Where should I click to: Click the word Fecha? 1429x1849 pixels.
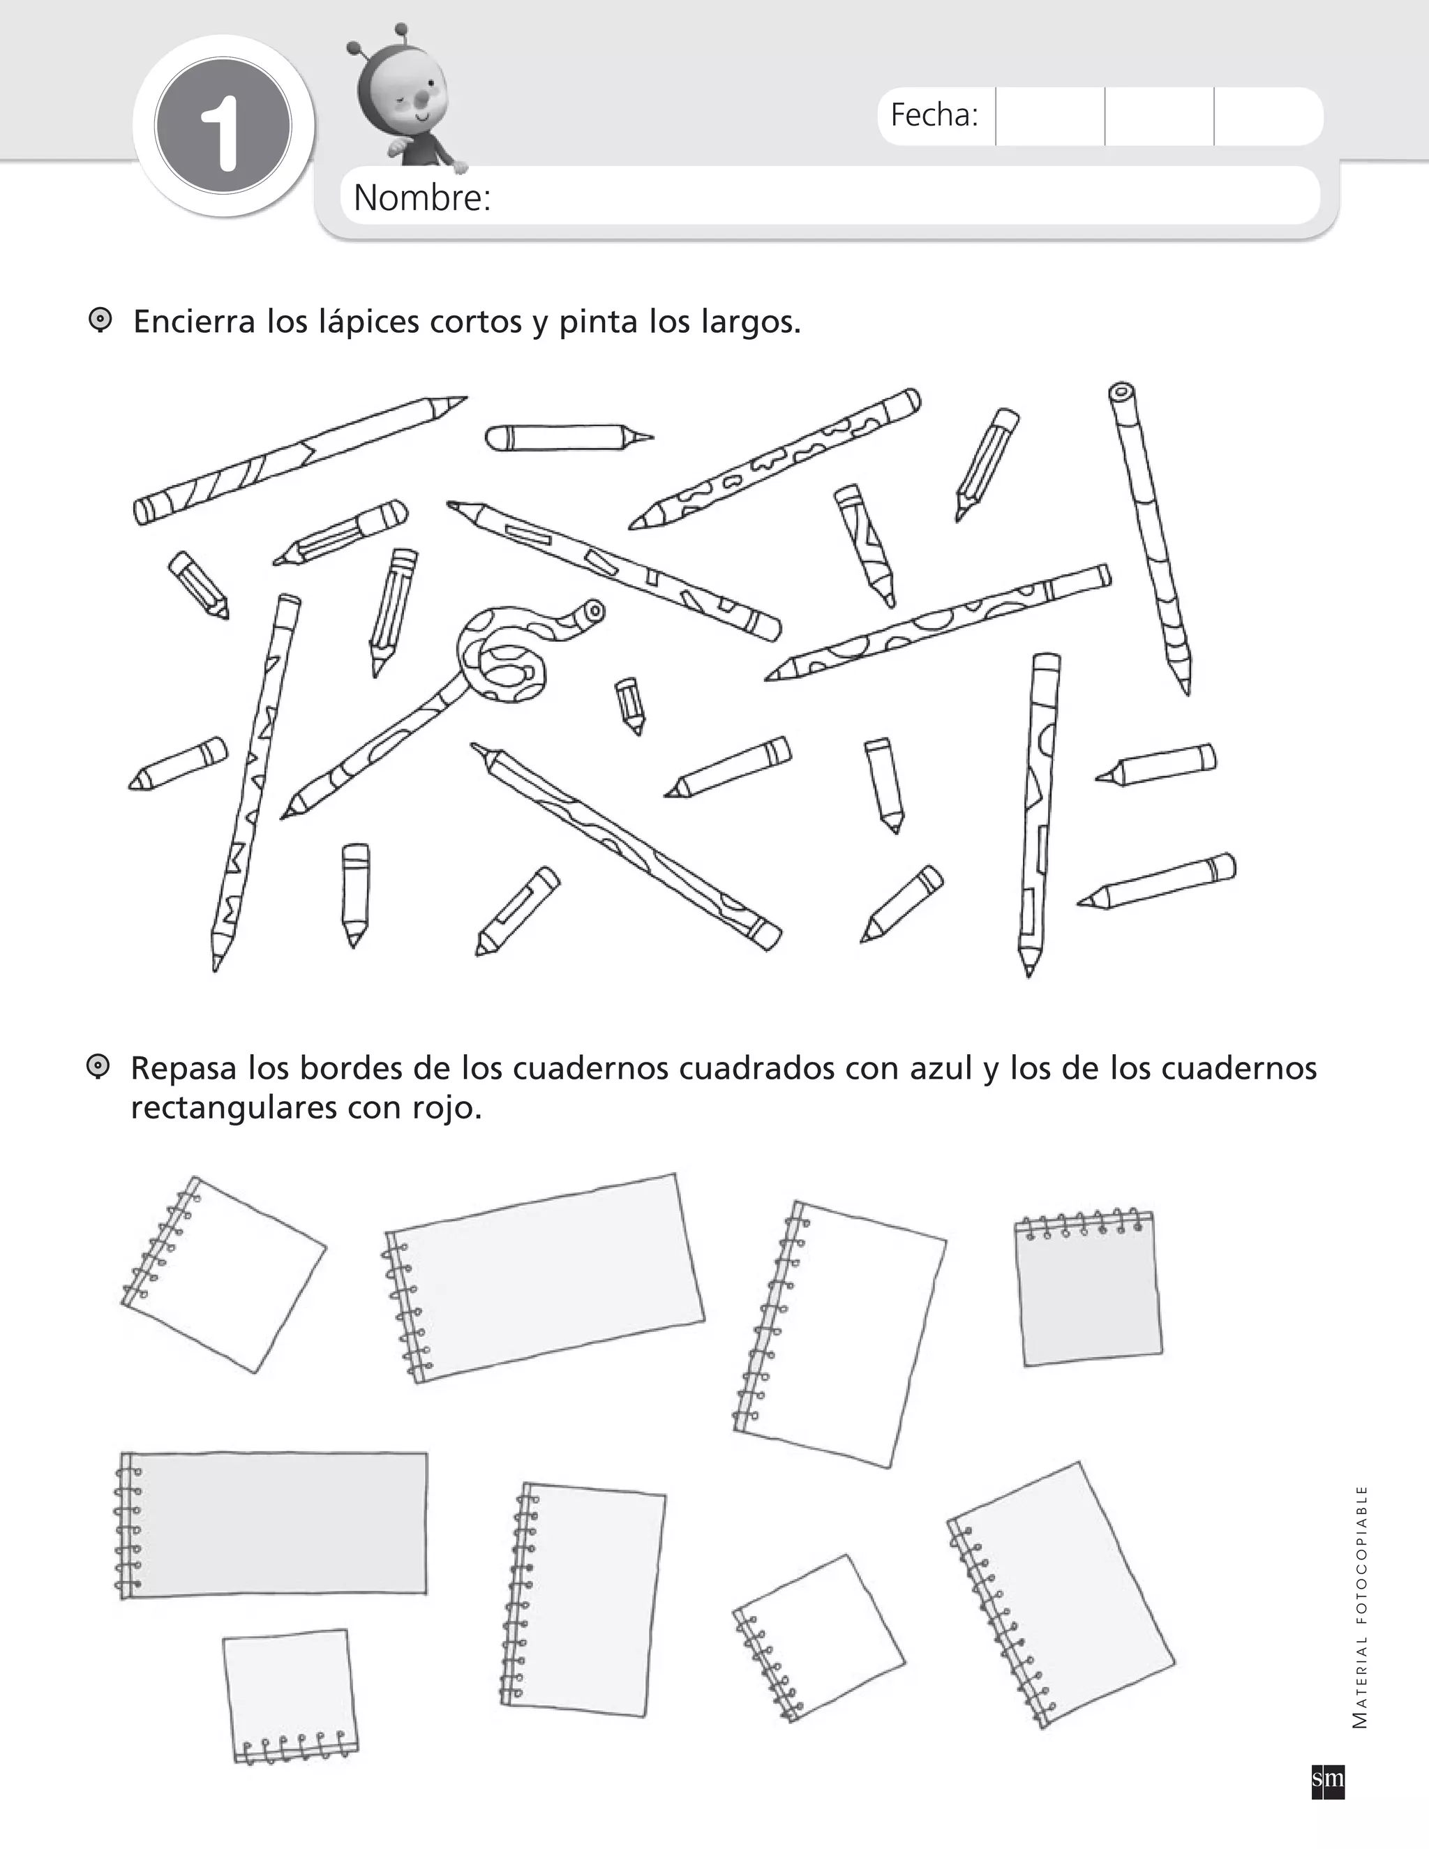click(x=934, y=115)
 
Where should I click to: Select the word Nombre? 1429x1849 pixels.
click(x=422, y=197)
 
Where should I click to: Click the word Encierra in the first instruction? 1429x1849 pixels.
click(x=194, y=322)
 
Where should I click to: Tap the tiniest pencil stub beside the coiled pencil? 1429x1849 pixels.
click(x=630, y=705)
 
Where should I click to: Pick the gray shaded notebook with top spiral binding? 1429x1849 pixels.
click(x=1088, y=1288)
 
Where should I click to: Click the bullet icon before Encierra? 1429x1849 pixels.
click(x=100, y=321)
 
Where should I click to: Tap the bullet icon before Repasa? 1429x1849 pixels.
click(x=98, y=1067)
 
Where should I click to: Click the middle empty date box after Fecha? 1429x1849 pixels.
click(x=1159, y=116)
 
